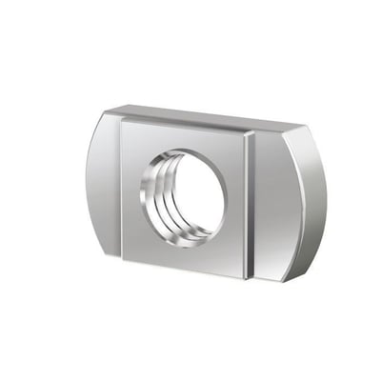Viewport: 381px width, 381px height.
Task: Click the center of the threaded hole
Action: [185, 198]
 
